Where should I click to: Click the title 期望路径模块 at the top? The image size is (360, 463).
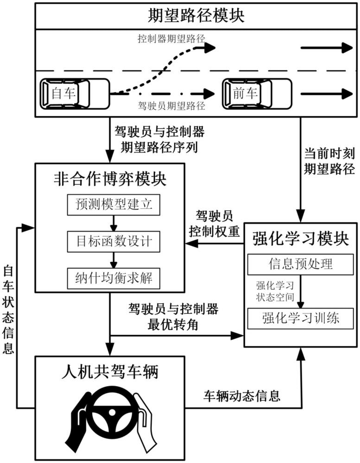coord(196,16)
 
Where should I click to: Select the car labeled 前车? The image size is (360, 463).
coord(257,94)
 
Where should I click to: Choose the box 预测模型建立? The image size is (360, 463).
coord(114,204)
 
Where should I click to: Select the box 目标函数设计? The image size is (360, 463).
coord(114,241)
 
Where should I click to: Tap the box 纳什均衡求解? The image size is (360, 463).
coord(114,278)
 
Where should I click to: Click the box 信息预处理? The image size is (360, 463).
coord(301,264)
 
